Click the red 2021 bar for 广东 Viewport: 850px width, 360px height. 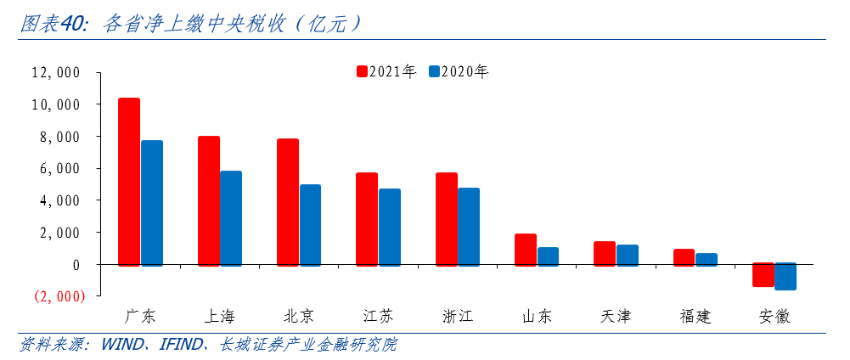coord(129,182)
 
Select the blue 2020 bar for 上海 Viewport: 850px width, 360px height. coord(231,218)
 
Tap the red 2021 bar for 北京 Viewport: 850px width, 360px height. coord(288,202)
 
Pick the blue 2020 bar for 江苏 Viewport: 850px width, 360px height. coord(390,227)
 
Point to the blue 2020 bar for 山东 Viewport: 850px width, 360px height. coord(548,256)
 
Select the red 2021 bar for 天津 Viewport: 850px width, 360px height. coord(605,253)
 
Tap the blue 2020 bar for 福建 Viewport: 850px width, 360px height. coord(706,259)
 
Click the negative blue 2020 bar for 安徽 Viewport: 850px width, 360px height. coord(785,277)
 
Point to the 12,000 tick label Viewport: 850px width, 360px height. coord(55,73)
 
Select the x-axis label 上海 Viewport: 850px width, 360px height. coord(220,317)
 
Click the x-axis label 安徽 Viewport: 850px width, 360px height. coord(774,317)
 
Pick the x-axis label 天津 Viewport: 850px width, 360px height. coord(616,317)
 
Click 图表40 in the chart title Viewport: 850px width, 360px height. coord(53,25)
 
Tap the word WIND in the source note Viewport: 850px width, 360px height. coord(122,345)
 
